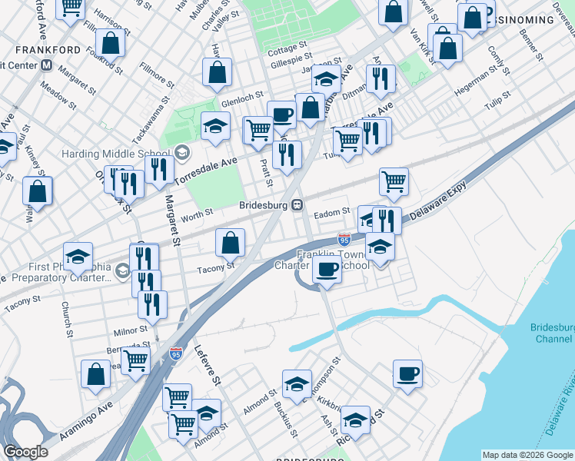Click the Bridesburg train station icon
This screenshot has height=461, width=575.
tap(296, 205)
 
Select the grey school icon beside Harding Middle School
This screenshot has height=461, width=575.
tap(182, 151)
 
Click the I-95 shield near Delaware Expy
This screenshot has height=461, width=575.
tap(344, 240)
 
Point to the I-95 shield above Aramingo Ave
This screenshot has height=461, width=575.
tap(176, 354)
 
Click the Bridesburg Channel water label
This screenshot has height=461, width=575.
tap(552, 333)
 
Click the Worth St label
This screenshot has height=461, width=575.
tap(198, 214)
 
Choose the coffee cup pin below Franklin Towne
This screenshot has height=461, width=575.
tap(327, 270)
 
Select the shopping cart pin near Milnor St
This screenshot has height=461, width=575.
tap(136, 360)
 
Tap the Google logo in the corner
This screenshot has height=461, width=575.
tap(26, 452)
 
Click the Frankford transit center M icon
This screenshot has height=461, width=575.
tap(48, 66)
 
